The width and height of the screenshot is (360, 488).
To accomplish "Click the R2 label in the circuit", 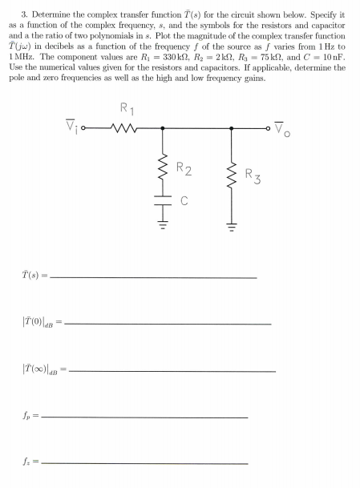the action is tap(184, 169).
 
